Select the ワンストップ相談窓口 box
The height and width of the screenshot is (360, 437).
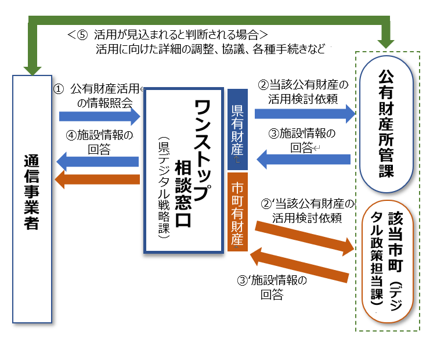[x=184, y=170]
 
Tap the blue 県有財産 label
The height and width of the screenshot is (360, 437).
[x=237, y=129]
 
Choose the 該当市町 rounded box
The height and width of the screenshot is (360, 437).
[x=387, y=261]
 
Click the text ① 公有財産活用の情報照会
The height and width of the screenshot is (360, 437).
[x=99, y=95]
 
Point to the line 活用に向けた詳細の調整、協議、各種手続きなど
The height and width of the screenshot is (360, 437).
[x=211, y=49]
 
